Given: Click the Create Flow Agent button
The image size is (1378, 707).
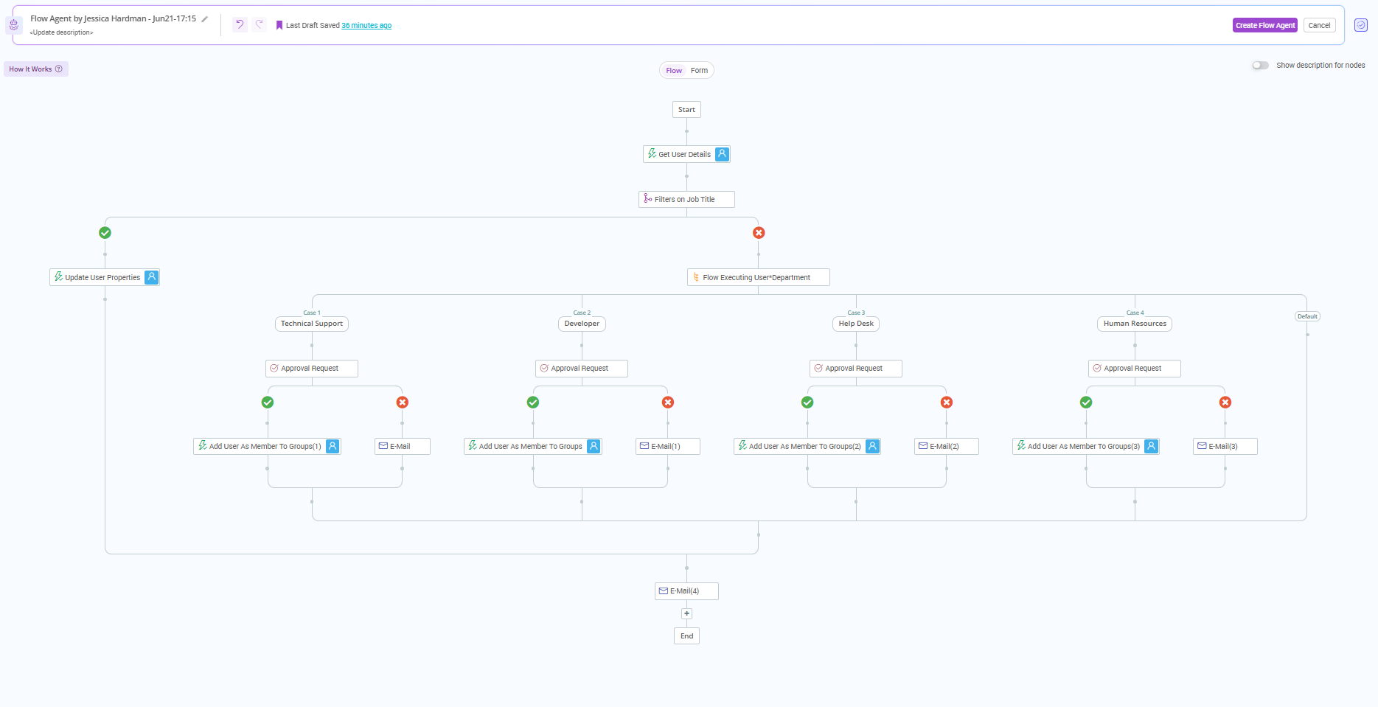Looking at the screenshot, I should pos(1264,25).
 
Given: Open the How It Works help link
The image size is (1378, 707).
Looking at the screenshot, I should pos(35,69).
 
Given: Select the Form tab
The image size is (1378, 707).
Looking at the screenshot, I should pos(699,71).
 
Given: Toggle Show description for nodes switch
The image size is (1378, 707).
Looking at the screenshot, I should pos(1260,66).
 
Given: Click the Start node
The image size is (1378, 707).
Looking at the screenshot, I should pos(686,110).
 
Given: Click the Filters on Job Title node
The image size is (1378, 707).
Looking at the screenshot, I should pos(686,200).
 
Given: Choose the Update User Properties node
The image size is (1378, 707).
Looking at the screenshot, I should pos(103,278).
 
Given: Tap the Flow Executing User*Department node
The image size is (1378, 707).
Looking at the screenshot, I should pos(757,278).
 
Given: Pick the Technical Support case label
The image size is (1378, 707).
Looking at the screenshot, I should pos(311,324).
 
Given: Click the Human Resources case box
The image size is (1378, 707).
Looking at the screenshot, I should pos(1135,324).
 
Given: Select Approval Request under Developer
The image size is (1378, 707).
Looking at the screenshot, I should pos(581,369).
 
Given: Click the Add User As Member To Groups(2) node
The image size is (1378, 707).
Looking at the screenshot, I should pos(806,447).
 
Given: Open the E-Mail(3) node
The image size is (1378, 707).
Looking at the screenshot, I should pos(1224,447).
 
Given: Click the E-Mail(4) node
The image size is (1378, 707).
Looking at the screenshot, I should pos(686,591).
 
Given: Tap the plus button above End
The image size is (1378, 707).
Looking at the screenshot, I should pos(686,613).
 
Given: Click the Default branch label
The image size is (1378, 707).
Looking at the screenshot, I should pos(1307,316).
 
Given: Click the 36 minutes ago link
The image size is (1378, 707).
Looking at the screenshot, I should pos(366,26).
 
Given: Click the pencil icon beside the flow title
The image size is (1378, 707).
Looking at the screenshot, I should pos(205,19).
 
